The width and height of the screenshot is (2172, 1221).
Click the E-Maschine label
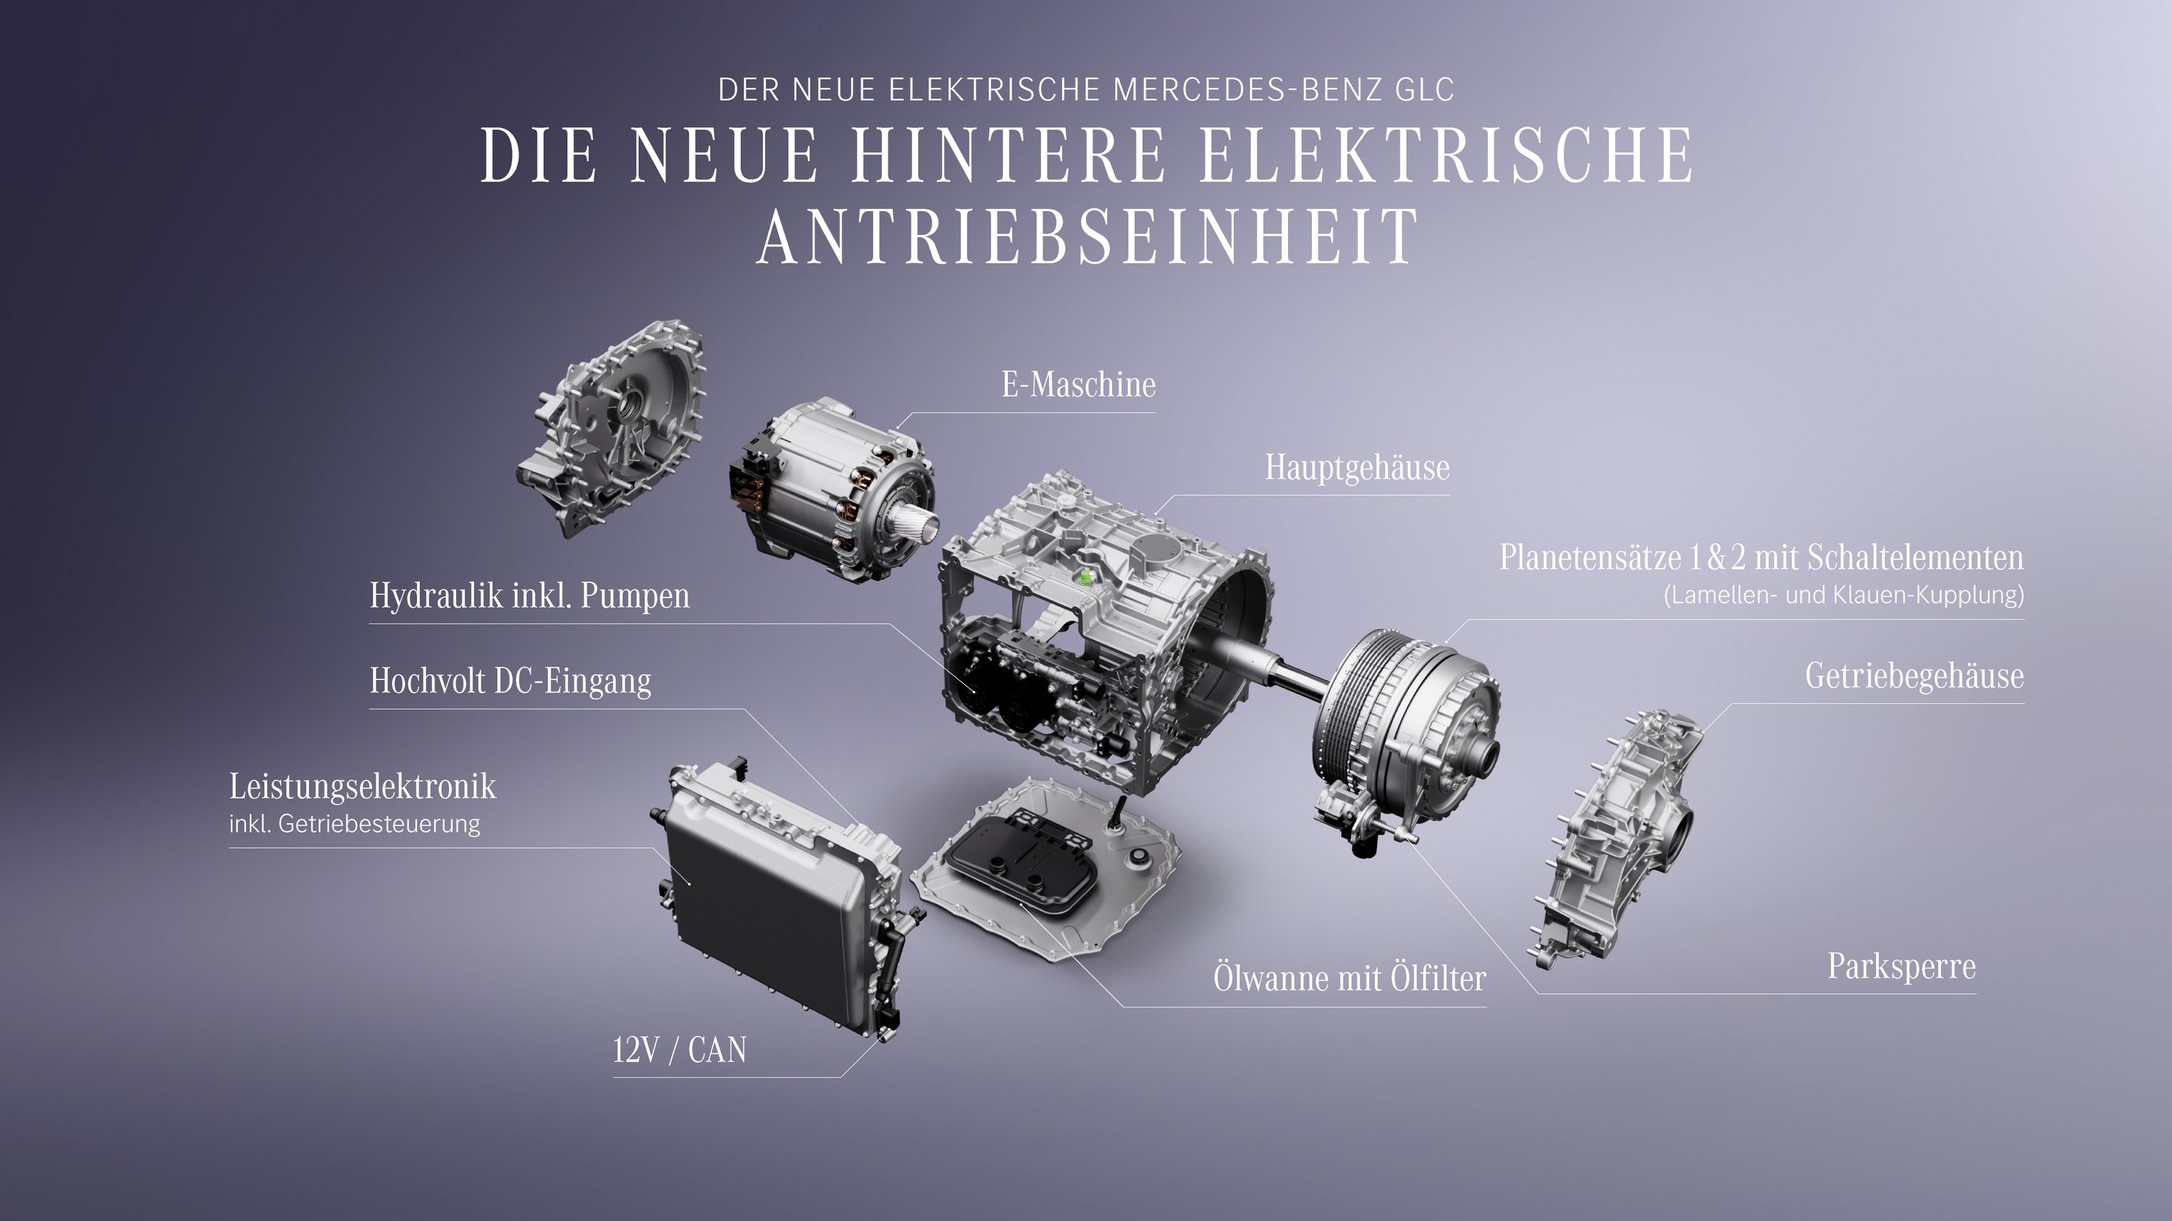(x=1079, y=385)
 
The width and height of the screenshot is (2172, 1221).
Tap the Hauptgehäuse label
(x=1357, y=468)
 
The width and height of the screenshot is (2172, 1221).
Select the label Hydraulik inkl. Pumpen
(x=529, y=596)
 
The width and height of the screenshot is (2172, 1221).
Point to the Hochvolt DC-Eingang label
(x=510, y=681)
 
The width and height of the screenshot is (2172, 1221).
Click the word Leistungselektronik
(x=363, y=787)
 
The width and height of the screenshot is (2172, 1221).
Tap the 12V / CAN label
(x=680, y=1050)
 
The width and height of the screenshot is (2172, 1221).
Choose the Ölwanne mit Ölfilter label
(x=1349, y=978)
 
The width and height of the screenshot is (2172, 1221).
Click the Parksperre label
(x=1901, y=966)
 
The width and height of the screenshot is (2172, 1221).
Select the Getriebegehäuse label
(x=1914, y=676)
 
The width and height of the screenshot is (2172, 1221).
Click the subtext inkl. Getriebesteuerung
(x=354, y=824)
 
